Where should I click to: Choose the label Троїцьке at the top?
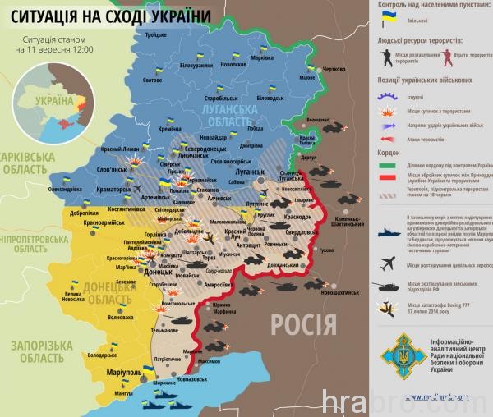(155, 34)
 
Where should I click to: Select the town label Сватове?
(152, 80)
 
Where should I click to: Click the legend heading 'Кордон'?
(389, 151)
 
